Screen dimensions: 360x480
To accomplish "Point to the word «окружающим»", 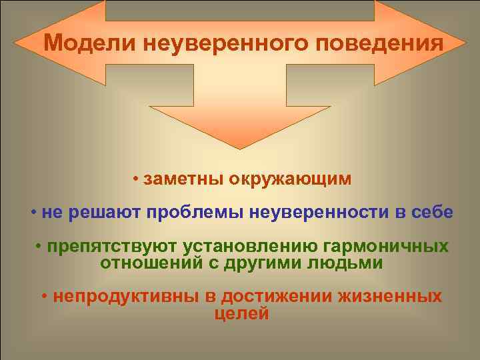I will point(289,180).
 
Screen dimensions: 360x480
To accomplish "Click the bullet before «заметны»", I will point(135,181).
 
